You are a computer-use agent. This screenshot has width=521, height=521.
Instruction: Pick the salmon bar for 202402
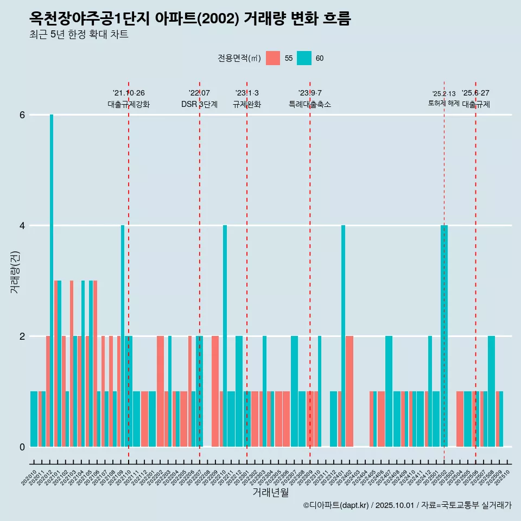tap(350, 391)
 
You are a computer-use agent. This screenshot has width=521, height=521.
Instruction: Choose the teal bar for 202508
tap(491, 391)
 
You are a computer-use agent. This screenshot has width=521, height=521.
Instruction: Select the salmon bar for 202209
tap(215, 391)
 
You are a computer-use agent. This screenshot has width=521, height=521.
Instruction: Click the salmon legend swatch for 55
tap(273, 58)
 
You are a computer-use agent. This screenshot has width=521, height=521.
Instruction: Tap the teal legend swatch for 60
tap(304, 58)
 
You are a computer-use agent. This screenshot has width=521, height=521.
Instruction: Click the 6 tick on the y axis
tap(22, 115)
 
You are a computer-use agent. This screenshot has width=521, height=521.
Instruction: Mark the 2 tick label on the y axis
tap(22, 336)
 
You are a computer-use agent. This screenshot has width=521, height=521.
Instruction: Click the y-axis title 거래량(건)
tap(15, 271)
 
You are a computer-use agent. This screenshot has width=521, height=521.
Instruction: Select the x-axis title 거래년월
tap(270, 492)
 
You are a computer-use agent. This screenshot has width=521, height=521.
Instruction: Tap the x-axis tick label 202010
tap(30, 478)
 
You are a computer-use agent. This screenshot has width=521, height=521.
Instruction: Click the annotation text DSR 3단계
tap(199, 104)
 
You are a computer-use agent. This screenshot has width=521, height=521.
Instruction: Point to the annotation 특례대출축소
tap(309, 104)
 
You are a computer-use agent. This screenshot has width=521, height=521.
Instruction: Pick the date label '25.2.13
tap(444, 93)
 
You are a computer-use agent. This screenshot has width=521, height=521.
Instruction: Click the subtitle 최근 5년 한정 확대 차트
tap(79, 35)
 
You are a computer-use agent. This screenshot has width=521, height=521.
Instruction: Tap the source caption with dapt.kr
tap(407, 505)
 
